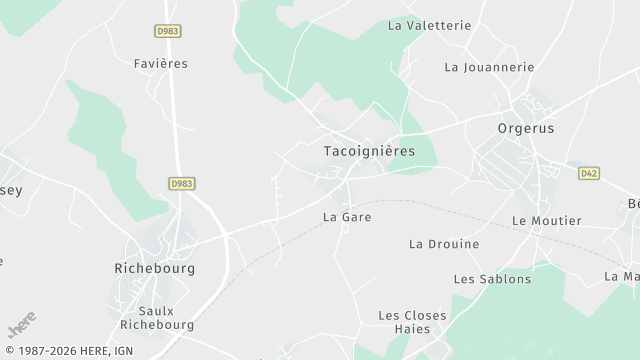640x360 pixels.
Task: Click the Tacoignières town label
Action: tap(369, 150)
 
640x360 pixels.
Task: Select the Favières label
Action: tap(160, 63)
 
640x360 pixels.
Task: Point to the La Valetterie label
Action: tap(428, 25)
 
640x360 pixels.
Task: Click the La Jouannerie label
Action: tap(489, 67)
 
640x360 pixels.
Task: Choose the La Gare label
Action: tap(347, 216)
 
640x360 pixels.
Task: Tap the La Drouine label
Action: tap(444, 244)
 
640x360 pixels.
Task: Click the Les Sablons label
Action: tap(492, 279)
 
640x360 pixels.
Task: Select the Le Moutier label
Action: tap(546, 220)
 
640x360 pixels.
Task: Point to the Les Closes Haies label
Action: tap(412, 322)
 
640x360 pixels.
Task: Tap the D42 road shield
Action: tap(589, 173)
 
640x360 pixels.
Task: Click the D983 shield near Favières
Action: tap(168, 31)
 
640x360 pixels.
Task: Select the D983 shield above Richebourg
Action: tap(181, 183)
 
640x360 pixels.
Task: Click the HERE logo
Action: tap(21, 324)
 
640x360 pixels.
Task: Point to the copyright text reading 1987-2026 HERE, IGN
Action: tap(69, 351)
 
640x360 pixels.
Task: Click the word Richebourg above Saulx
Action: tap(155, 269)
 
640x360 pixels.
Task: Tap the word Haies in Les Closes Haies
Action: tap(412, 329)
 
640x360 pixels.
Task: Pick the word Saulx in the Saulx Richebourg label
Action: tap(156, 311)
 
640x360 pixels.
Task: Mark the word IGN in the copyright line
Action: tap(125, 351)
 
